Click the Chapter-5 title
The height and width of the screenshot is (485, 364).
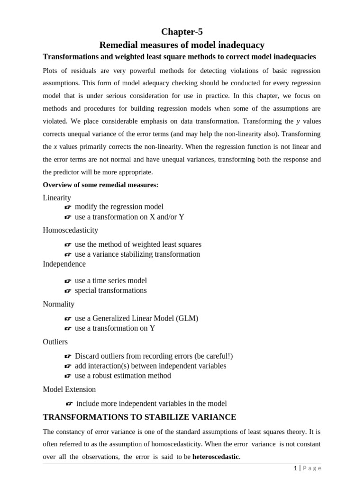tap(182, 32)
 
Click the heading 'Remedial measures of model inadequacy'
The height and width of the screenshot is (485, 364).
tap(182, 45)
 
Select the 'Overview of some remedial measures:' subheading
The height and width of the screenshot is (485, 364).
tap(100, 185)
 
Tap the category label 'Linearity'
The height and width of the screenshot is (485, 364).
tap(57, 198)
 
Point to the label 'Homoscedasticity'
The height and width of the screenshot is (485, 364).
tap(71, 230)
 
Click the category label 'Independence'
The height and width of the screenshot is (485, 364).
tap(64, 264)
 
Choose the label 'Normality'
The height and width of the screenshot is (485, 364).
tap(59, 304)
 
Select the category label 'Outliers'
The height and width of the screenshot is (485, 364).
tap(55, 342)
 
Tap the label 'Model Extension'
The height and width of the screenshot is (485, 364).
tap(69, 389)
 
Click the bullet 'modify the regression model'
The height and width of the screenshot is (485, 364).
tap(119, 207)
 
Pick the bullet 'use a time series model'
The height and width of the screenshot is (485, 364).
tap(111, 281)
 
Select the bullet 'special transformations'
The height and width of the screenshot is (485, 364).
tap(111, 290)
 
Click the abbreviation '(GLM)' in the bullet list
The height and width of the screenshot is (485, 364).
tap(187, 318)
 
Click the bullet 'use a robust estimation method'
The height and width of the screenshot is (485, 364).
tap(123, 376)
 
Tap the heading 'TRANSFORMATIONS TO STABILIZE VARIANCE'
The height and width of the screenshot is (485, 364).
tap(139, 417)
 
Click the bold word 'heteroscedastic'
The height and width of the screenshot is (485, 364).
tap(216, 457)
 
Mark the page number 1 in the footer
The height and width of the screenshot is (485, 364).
tap(295, 468)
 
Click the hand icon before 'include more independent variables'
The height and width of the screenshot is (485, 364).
tap(69, 404)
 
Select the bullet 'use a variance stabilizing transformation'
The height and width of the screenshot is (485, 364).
tap(137, 254)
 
